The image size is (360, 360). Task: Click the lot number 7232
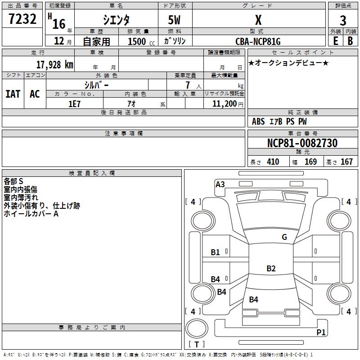pos(22,19)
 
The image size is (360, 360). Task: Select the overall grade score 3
pos(343,21)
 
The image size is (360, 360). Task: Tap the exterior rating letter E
pos(336,41)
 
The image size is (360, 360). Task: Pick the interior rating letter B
pos(351,41)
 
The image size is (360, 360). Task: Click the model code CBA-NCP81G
pos(258,41)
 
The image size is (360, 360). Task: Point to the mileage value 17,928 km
pos(55,65)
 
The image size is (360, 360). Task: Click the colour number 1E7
pos(74,104)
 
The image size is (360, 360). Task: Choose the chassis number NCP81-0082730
pos(302,143)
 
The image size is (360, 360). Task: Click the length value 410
pos(273,162)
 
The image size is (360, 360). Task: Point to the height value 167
pos(346,162)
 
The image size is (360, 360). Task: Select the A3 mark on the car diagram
pos(220,184)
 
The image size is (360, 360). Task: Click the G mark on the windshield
pos(284,237)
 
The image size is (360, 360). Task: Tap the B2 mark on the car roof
pos(271,268)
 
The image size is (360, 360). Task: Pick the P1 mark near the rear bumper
pos(321,332)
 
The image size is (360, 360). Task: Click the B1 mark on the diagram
pos(215,252)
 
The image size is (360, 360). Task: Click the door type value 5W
pos(174,20)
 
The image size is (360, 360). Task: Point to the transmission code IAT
pos(13,94)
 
